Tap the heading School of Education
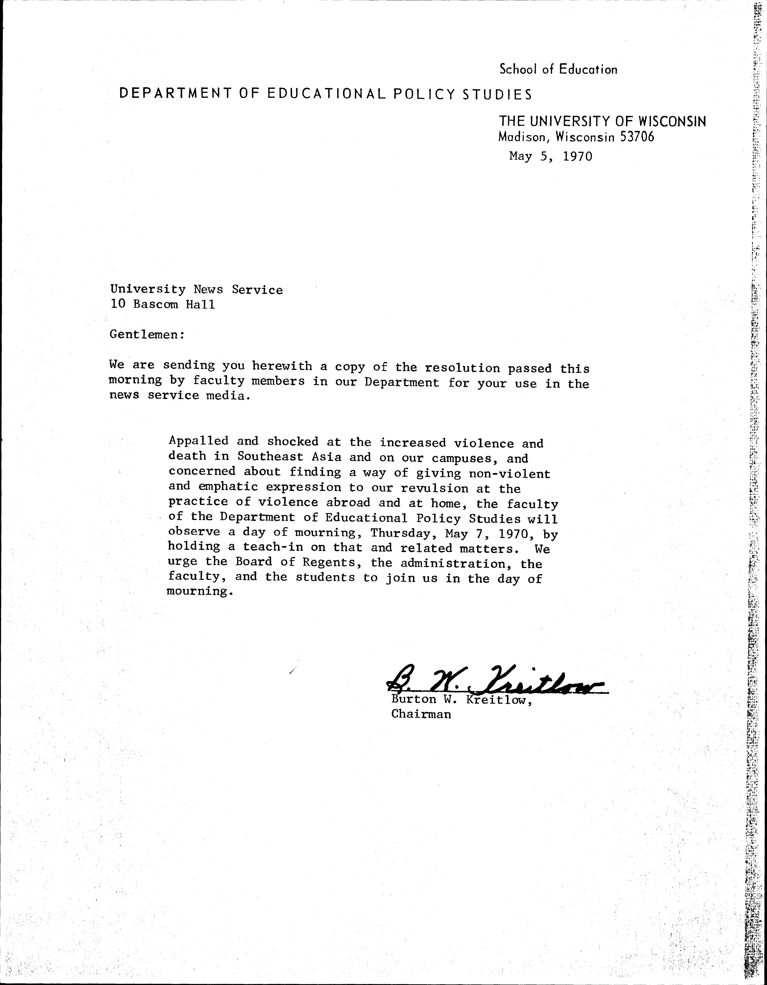pos(558,69)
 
